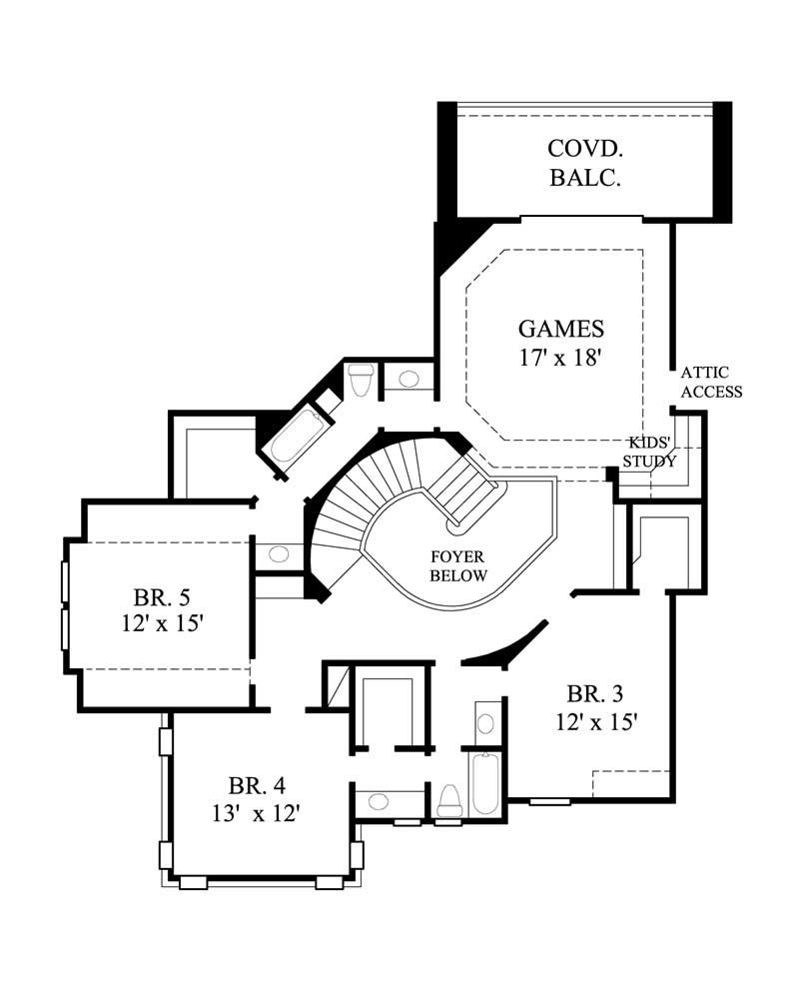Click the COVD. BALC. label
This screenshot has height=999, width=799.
tap(585, 164)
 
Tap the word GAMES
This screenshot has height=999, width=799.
tap(560, 328)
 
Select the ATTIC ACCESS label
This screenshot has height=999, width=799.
tap(711, 382)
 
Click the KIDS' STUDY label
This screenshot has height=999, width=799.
tap(650, 453)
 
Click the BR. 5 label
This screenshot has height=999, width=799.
tap(162, 597)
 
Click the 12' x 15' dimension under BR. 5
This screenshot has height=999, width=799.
tap(162, 623)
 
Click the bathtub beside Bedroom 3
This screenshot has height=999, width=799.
tap(484, 783)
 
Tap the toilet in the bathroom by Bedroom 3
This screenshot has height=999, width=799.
tap(448, 801)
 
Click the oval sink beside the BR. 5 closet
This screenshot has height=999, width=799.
tap(279, 553)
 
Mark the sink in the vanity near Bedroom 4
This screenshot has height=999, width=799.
tap(380, 800)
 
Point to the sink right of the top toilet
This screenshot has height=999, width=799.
tap(407, 379)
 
